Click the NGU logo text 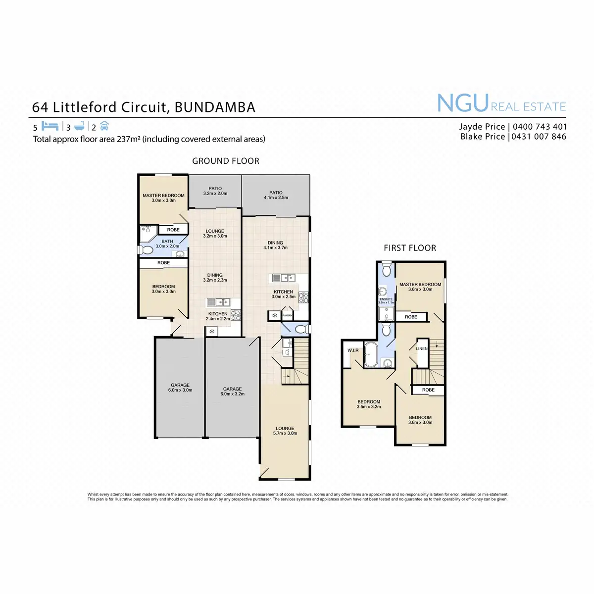(463, 103)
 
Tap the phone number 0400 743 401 (540, 127)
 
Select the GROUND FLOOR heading (226, 161)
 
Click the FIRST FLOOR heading (410, 248)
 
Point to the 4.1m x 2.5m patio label (276, 195)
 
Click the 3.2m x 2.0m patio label (215, 191)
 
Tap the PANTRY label (287, 315)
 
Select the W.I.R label (353, 350)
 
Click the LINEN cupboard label (422, 348)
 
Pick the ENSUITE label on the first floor (386, 299)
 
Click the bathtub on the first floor (371, 354)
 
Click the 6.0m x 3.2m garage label (232, 392)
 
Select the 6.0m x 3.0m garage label (180, 388)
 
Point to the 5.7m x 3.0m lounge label (285, 431)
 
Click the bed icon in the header (50, 126)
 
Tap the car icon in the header (104, 126)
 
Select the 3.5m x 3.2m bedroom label (369, 404)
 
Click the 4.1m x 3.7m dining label (276, 245)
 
